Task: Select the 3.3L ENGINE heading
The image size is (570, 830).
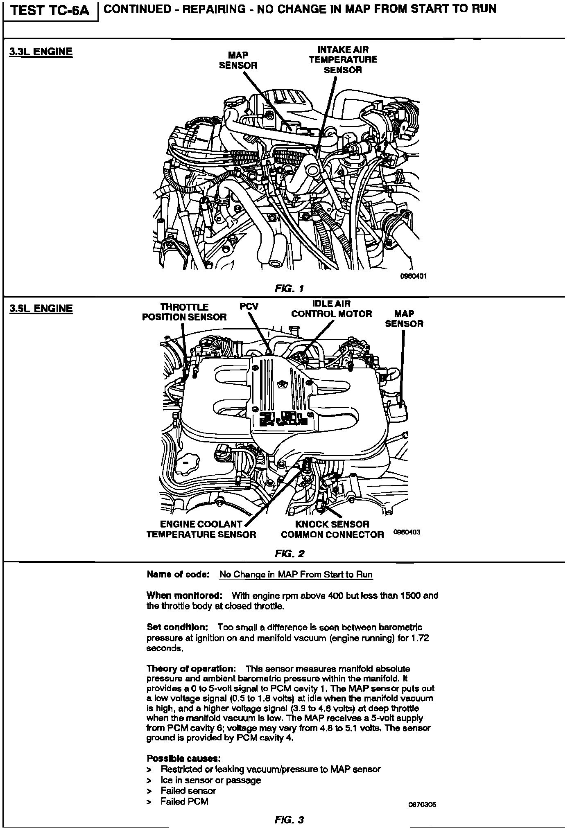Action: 41,52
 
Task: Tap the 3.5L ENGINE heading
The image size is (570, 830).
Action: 41,308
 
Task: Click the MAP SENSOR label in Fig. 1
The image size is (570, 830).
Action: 238,60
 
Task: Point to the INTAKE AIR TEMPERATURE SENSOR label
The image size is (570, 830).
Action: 343,60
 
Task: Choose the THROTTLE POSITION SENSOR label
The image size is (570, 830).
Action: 184,312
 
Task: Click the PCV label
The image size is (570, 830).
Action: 249,307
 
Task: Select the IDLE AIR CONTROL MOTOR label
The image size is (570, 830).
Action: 331,309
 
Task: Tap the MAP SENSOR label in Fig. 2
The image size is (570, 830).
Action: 404,319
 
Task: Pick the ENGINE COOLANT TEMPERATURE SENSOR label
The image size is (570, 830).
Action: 201,529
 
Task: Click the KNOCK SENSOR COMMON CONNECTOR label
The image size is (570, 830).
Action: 332,529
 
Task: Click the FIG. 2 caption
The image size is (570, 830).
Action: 290,554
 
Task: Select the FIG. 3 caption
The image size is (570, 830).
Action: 290,820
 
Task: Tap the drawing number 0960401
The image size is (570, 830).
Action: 414,276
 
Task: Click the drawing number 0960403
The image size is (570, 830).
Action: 407,532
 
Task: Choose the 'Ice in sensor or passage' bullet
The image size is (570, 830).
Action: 210,780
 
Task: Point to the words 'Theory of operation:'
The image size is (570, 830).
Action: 191,669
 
